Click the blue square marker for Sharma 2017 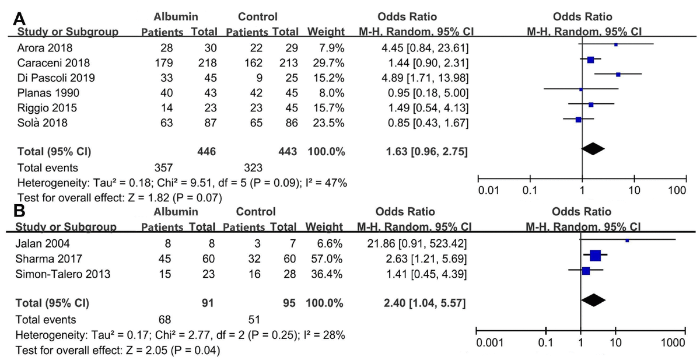595,255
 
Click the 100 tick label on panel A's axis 677,190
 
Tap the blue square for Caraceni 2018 590,60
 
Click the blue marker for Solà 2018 578,120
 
